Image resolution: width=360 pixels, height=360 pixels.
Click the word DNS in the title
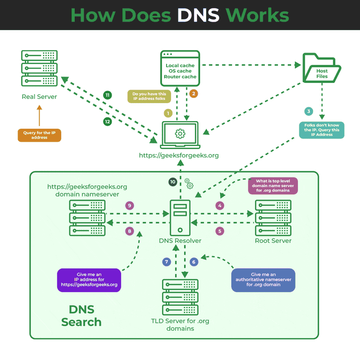coord(198,15)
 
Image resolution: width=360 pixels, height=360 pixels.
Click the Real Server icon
coord(39,68)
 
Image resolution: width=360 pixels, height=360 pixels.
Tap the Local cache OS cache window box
coord(180,68)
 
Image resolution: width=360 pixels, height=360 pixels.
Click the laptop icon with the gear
coord(180,134)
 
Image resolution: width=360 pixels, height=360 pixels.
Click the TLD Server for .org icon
coord(180,297)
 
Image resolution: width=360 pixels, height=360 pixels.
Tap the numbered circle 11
coord(108,95)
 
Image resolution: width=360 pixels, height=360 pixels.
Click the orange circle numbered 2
coord(193,94)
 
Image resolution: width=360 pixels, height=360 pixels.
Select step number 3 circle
coord(308,111)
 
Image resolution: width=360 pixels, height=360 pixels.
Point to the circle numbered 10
coord(173,182)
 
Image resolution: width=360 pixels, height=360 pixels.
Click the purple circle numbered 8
coord(130,231)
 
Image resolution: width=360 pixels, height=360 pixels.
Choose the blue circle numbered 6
coord(194,262)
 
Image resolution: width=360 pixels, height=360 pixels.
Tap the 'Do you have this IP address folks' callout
coord(148,96)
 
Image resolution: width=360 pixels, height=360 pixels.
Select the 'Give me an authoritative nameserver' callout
coord(263,280)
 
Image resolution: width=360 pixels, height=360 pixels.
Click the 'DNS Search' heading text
coord(81,316)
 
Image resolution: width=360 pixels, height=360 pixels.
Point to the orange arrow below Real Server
coord(39,116)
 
